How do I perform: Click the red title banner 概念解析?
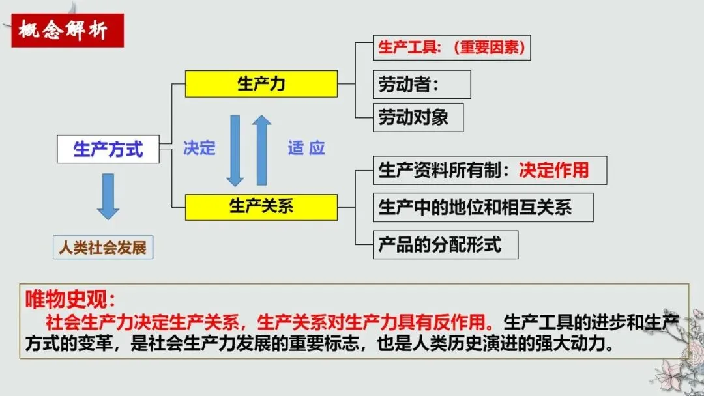click(x=67, y=31)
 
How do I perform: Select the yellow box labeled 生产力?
click(x=261, y=84)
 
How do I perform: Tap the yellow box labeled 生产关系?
click(x=261, y=206)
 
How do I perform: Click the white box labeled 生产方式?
click(x=108, y=149)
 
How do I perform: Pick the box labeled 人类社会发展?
click(x=103, y=247)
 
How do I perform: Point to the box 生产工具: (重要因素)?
click(x=451, y=48)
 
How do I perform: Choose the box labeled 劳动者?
click(x=421, y=85)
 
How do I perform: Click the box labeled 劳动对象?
click(x=418, y=118)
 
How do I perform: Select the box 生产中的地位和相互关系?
click(x=482, y=207)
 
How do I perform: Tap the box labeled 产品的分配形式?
click(x=445, y=245)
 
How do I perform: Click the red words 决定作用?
click(x=554, y=170)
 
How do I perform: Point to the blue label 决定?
click(x=199, y=148)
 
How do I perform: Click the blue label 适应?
click(x=306, y=148)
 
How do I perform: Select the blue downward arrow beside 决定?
click(x=235, y=150)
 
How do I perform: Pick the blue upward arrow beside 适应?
click(x=262, y=150)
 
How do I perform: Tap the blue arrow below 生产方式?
click(x=108, y=195)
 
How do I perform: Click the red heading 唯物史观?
click(x=70, y=300)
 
